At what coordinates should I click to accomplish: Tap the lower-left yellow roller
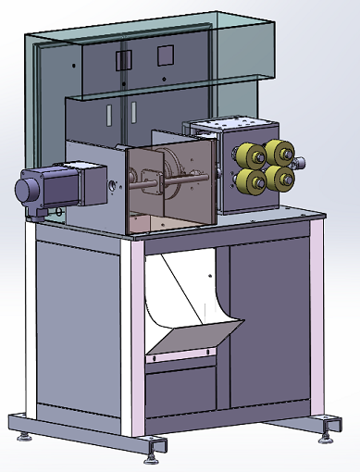pos(249,180)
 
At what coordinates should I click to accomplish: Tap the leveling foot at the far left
pos(24,432)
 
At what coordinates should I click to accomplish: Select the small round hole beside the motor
pos(113,186)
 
